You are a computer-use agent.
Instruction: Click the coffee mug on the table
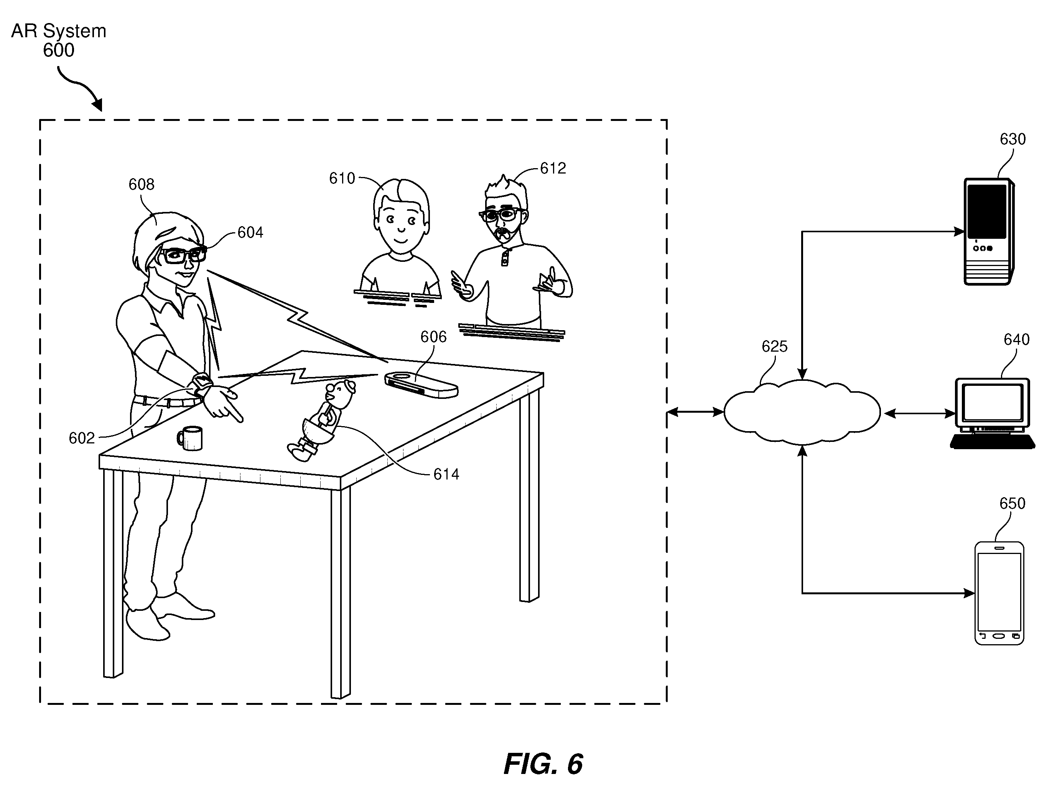click(190, 438)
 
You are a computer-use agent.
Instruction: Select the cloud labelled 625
click(802, 412)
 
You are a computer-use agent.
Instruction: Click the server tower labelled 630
click(989, 231)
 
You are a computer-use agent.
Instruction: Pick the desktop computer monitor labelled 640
click(993, 413)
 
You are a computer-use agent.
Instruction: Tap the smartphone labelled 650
click(999, 593)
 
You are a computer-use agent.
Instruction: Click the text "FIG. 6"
click(543, 764)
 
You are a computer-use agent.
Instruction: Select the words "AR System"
click(59, 31)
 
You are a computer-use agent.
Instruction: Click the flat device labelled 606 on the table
click(421, 384)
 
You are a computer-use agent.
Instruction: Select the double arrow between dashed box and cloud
click(695, 413)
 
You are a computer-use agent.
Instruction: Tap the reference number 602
click(82, 438)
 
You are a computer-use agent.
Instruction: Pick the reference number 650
click(1012, 503)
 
